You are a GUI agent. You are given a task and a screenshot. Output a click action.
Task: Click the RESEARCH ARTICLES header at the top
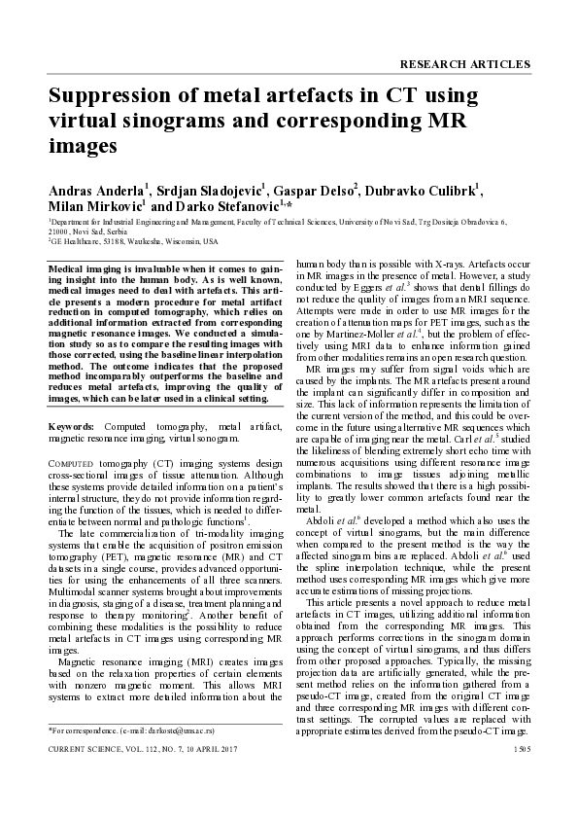tap(465, 64)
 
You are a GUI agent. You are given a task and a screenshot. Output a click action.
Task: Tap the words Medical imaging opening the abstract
tap(88, 267)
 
